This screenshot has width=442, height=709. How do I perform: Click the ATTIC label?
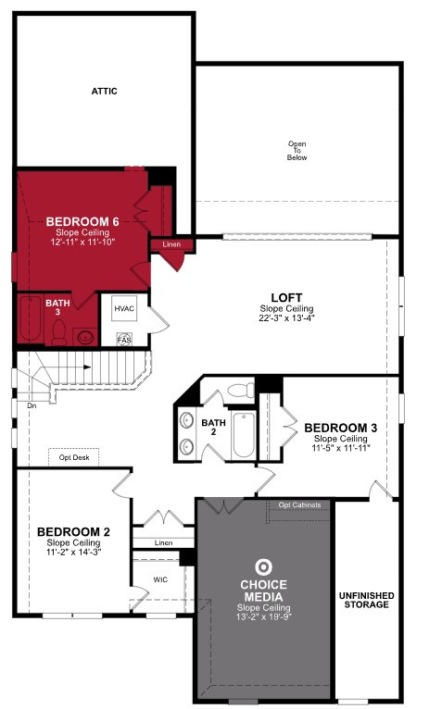click(x=104, y=91)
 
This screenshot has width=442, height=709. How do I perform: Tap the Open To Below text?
click(x=297, y=151)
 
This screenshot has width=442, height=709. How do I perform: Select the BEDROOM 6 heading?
click(x=82, y=221)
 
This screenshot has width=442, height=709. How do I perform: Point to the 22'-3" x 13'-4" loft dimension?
click(x=286, y=317)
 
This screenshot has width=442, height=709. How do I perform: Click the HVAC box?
click(x=124, y=309)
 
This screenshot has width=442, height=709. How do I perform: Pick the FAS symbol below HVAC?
click(x=124, y=340)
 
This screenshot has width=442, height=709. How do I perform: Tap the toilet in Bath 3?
click(x=59, y=333)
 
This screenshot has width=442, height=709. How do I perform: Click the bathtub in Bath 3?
click(x=30, y=318)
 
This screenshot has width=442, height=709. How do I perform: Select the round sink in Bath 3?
click(x=85, y=337)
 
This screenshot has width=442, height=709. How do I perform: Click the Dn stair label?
click(x=32, y=406)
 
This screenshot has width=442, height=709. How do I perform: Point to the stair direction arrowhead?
click(x=87, y=367)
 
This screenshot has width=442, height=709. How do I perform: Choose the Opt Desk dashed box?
click(x=74, y=457)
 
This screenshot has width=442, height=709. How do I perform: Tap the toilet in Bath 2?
click(x=241, y=391)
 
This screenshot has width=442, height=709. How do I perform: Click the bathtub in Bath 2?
click(x=244, y=435)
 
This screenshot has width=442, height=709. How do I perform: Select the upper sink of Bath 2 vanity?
click(x=186, y=420)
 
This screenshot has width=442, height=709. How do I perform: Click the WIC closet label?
click(x=160, y=579)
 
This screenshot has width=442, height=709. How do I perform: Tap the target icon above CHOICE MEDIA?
click(x=263, y=567)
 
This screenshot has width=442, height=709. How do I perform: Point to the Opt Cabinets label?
click(x=299, y=504)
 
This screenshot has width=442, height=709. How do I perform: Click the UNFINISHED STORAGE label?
click(x=366, y=600)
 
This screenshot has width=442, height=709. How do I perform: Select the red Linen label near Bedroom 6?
click(x=171, y=244)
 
